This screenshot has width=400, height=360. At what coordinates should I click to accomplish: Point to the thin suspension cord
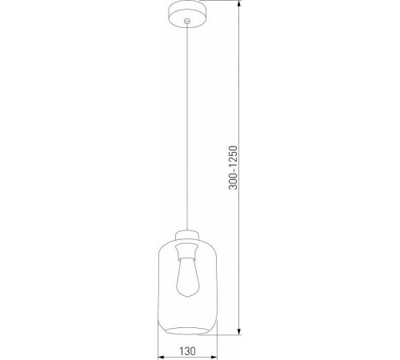[x=187, y=120]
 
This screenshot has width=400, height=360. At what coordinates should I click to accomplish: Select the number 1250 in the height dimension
[x=233, y=159]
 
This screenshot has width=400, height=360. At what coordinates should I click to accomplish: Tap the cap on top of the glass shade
[x=187, y=234]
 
